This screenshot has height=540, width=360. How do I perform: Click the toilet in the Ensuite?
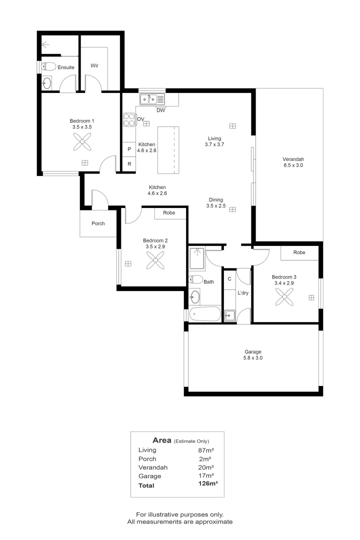(48, 66)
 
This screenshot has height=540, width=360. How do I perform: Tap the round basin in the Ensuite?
(47, 83)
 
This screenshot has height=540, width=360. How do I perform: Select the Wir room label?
(94, 65)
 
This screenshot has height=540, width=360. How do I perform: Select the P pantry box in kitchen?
(129, 149)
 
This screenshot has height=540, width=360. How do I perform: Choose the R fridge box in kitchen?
(129, 164)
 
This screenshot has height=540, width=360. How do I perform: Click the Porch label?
(98, 223)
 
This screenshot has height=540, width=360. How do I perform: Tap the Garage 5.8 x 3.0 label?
(252, 354)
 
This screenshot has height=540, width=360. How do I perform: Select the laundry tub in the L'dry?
(229, 315)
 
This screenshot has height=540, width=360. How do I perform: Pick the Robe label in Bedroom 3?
(299, 252)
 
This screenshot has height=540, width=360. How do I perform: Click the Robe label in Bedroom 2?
(168, 212)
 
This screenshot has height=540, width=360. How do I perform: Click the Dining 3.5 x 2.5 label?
(216, 202)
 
